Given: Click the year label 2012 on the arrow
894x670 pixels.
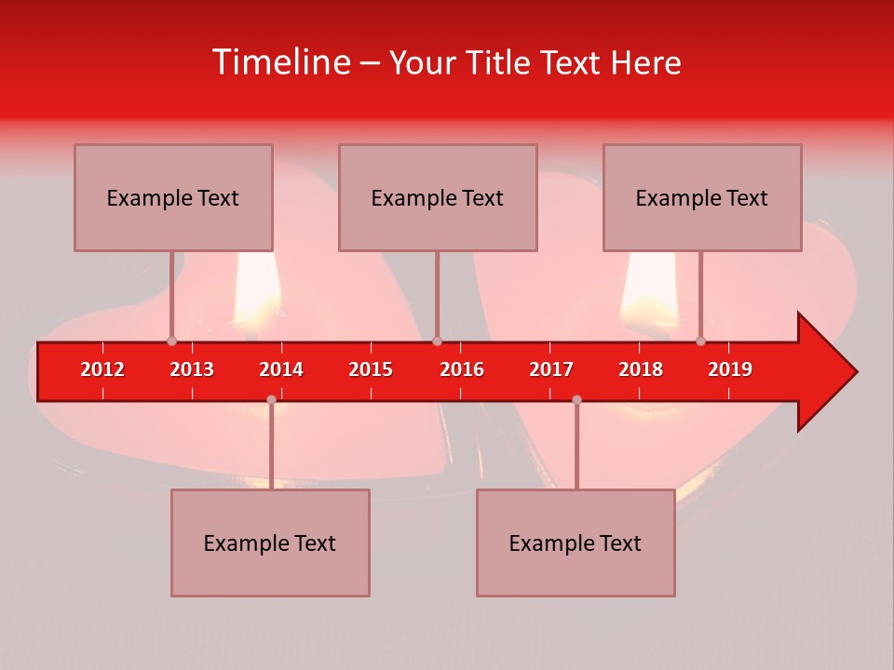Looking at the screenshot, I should [x=102, y=369].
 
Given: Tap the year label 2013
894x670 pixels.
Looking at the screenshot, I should [x=192, y=369].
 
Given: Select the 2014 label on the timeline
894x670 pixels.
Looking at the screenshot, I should [x=281, y=369].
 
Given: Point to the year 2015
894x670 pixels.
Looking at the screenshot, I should [x=371, y=369].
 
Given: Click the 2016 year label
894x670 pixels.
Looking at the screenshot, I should [x=462, y=369].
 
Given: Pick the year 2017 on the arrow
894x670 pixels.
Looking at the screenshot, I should [x=551, y=369].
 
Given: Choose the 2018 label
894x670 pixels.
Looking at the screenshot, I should [x=641, y=369].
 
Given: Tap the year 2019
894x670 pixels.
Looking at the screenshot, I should [x=730, y=369].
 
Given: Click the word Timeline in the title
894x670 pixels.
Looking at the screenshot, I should [x=279, y=62].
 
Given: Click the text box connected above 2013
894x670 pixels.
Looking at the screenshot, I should [x=173, y=198].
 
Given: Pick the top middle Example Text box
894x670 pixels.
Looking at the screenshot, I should [x=438, y=198].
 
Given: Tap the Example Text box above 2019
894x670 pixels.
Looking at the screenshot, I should [x=702, y=198].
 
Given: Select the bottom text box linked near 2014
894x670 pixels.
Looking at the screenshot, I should [x=270, y=543].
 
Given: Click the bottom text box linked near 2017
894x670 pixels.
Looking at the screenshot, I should [x=576, y=543].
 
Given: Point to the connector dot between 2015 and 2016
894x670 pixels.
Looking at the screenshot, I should [x=437, y=341].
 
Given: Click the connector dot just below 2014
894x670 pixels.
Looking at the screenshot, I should [x=271, y=399].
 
